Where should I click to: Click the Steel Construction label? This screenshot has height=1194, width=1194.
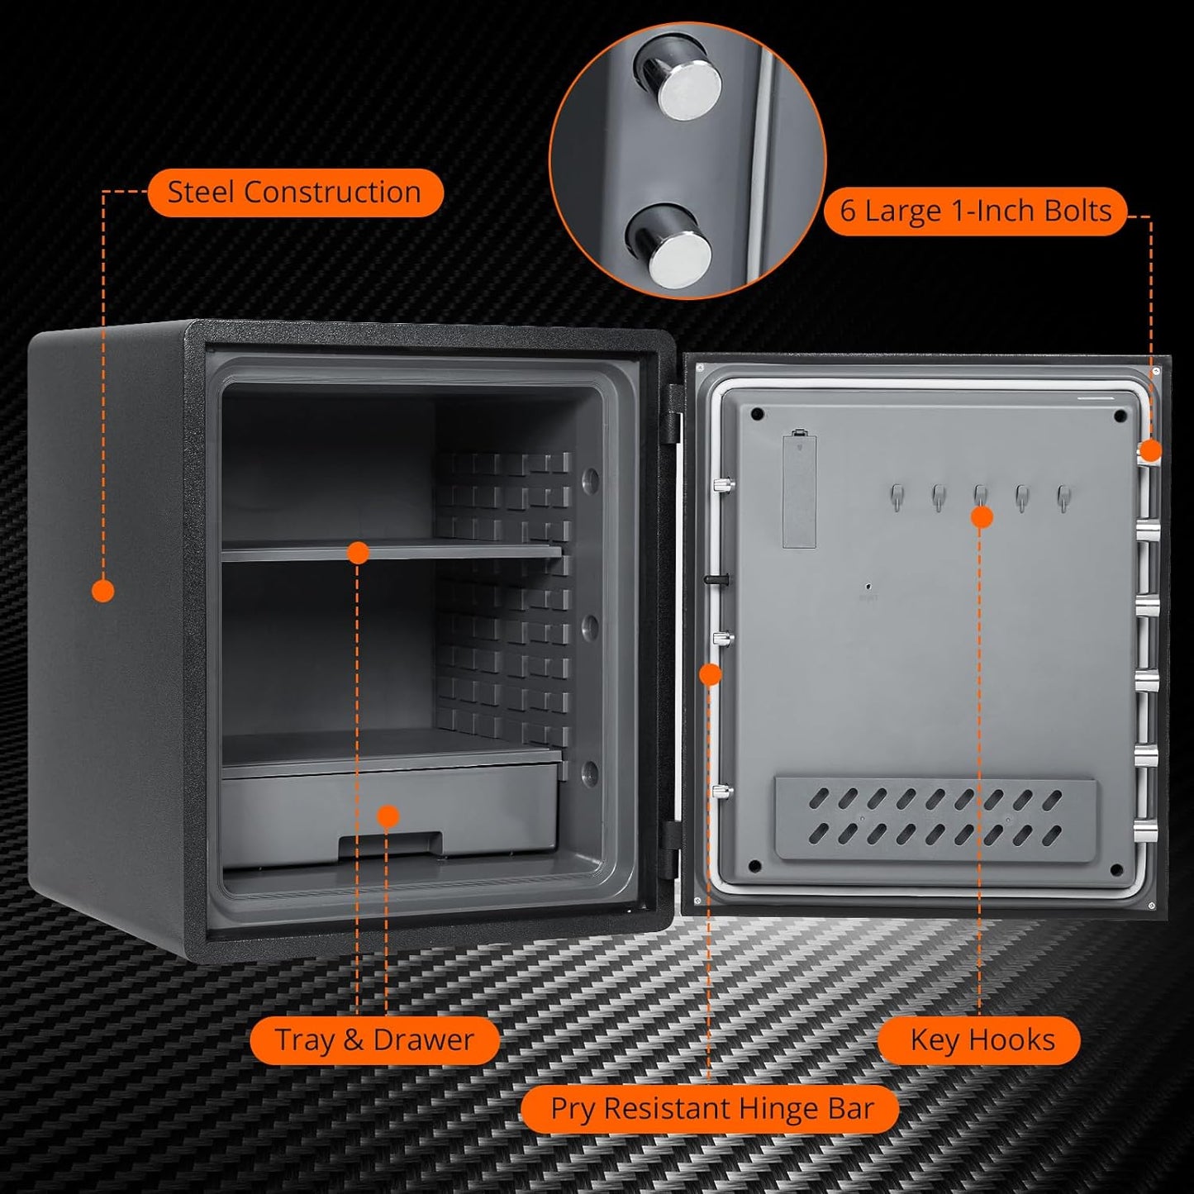point(295,193)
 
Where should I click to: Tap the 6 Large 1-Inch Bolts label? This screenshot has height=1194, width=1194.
point(975,211)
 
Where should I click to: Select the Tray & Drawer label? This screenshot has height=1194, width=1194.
point(374,1039)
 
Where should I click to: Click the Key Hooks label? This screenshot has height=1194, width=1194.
point(982,1039)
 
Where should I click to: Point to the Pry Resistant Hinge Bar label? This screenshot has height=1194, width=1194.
point(711,1108)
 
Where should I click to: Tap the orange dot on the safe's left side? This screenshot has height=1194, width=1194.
point(103,590)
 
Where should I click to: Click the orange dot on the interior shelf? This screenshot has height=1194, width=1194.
point(358,552)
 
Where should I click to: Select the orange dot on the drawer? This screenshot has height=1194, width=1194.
point(388,816)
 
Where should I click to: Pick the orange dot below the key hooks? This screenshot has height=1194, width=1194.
point(981,517)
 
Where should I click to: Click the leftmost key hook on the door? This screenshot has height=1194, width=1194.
point(897,496)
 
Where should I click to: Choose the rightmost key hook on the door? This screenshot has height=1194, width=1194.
point(1063,496)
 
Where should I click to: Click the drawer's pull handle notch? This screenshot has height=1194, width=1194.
point(390,844)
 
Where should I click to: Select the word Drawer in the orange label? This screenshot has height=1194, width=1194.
point(423,1039)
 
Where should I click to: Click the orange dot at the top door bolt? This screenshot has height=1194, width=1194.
point(1151,451)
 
